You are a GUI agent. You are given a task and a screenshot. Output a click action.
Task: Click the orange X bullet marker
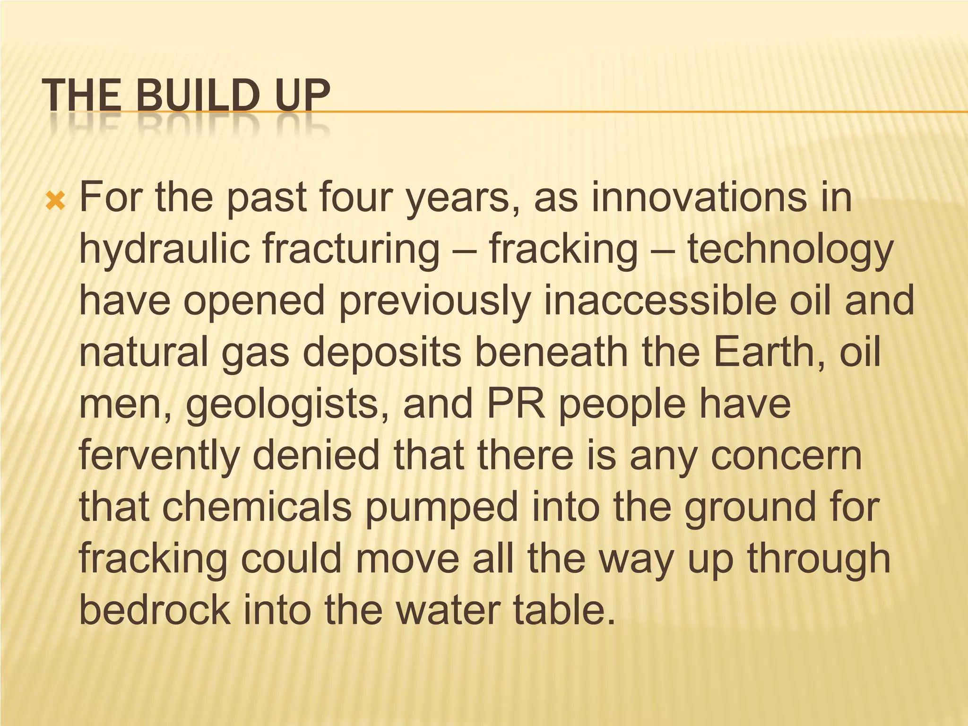(x=55, y=201)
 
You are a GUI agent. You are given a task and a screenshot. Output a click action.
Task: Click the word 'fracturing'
(x=351, y=250)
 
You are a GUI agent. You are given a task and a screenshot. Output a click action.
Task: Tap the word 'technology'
(x=790, y=250)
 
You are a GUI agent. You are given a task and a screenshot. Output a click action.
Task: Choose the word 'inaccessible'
(x=660, y=301)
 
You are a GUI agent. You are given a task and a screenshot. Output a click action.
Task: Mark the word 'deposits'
(x=382, y=353)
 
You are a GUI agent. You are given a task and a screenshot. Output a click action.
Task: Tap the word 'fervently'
(x=159, y=456)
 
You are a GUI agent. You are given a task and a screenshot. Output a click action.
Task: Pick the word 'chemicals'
(x=257, y=507)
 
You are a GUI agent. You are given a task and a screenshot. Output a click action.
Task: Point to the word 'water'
(x=448, y=610)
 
